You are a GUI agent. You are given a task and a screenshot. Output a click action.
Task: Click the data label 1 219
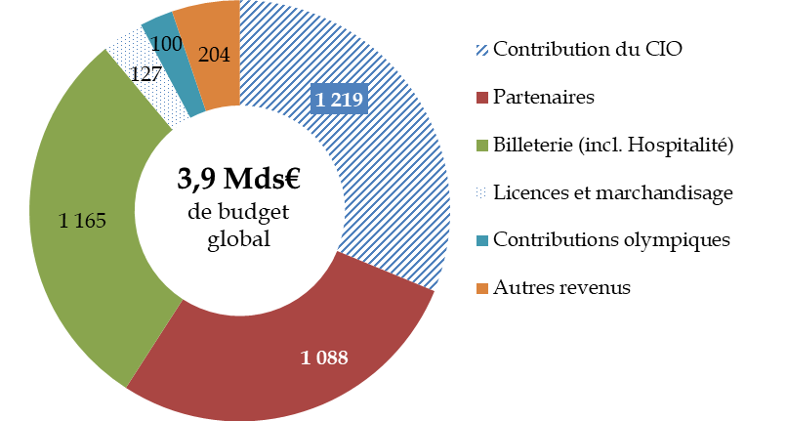click(339, 100)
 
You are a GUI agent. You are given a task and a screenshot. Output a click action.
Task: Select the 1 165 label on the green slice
click(82, 222)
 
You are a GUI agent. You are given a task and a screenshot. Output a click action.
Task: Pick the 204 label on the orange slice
click(213, 56)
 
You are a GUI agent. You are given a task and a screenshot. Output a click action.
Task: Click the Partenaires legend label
click(544, 97)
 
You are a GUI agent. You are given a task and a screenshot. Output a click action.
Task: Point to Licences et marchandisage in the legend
click(613, 192)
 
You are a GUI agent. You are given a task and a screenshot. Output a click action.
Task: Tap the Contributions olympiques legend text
click(612, 239)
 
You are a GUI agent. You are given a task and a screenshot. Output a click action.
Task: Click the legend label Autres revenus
click(562, 287)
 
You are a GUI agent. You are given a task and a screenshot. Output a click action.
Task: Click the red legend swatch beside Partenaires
click(481, 97)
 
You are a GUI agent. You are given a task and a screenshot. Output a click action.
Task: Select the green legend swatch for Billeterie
click(481, 145)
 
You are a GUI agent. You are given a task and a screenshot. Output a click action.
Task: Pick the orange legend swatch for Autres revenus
click(481, 287)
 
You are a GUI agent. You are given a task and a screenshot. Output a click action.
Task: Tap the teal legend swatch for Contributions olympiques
click(481, 240)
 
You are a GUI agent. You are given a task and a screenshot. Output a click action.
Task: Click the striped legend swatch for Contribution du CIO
click(481, 50)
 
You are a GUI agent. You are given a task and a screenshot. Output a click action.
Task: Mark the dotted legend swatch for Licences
click(481, 192)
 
